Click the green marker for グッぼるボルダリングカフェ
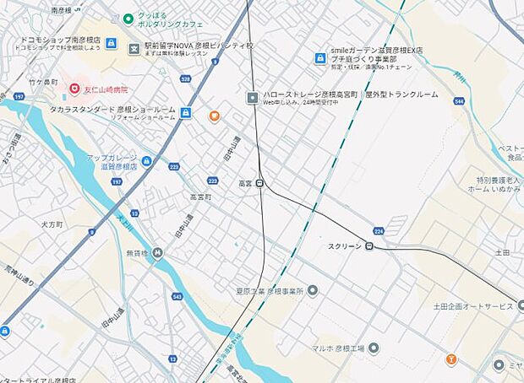tap(128, 18)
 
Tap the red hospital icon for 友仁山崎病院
tap(74, 89)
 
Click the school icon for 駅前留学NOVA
tap(134, 49)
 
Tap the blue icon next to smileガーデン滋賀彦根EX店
tap(320, 58)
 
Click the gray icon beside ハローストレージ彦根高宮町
tap(252, 97)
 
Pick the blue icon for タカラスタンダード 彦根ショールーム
tap(185, 112)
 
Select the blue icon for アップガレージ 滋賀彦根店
tap(147, 161)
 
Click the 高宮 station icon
tap(259, 182)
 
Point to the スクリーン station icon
tap(369, 246)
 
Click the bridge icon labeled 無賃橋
tap(156, 253)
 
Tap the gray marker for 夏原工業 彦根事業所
tap(312, 290)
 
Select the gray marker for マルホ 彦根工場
tap(374, 348)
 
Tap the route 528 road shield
tap(185, 79)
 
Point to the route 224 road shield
tap(379, 229)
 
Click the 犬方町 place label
tap(52, 225)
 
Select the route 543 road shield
tap(177, 296)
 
